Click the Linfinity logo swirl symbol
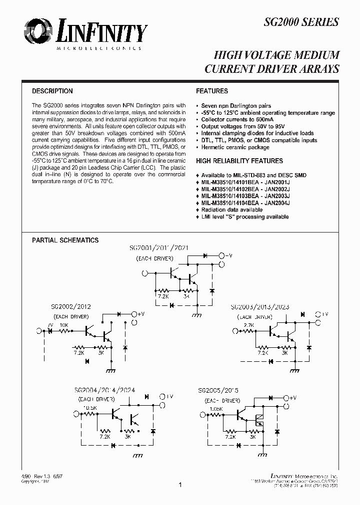[36, 32]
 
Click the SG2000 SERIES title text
[301, 22]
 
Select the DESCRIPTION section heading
[52, 91]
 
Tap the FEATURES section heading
[212, 91]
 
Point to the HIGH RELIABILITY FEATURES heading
[239, 161]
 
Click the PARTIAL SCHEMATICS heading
[65, 240]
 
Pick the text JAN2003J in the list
[277, 196]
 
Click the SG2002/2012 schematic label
[70, 307]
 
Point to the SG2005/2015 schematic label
[217, 390]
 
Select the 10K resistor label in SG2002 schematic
[64, 324]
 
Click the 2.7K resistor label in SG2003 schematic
[248, 325]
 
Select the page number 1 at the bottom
[179, 485]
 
